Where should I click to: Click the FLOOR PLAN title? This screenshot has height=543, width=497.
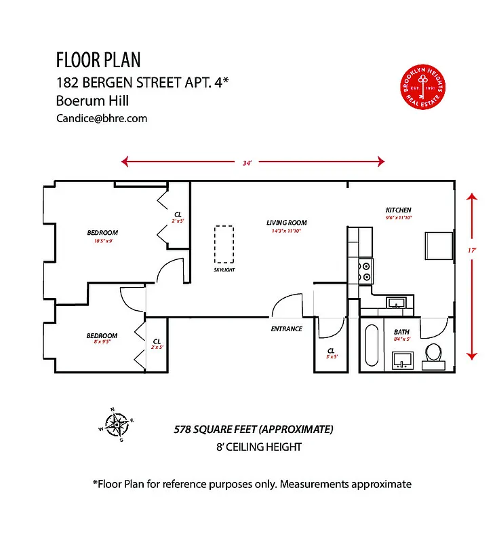98,60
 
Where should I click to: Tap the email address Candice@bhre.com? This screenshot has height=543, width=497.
102,118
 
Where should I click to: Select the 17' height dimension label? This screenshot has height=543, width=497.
472,250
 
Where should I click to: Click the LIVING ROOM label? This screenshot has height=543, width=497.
286,223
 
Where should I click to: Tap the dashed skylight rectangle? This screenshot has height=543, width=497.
224,244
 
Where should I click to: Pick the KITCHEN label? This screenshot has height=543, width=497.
398,210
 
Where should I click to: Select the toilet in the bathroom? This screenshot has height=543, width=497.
433,355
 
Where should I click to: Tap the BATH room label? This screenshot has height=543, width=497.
401,332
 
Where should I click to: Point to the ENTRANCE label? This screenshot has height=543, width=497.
286,329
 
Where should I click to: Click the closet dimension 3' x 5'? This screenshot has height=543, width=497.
332,356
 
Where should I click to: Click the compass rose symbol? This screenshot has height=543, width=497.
117,426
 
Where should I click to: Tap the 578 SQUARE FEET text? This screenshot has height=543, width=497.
254,430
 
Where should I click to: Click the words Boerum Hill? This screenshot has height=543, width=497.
92,100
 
